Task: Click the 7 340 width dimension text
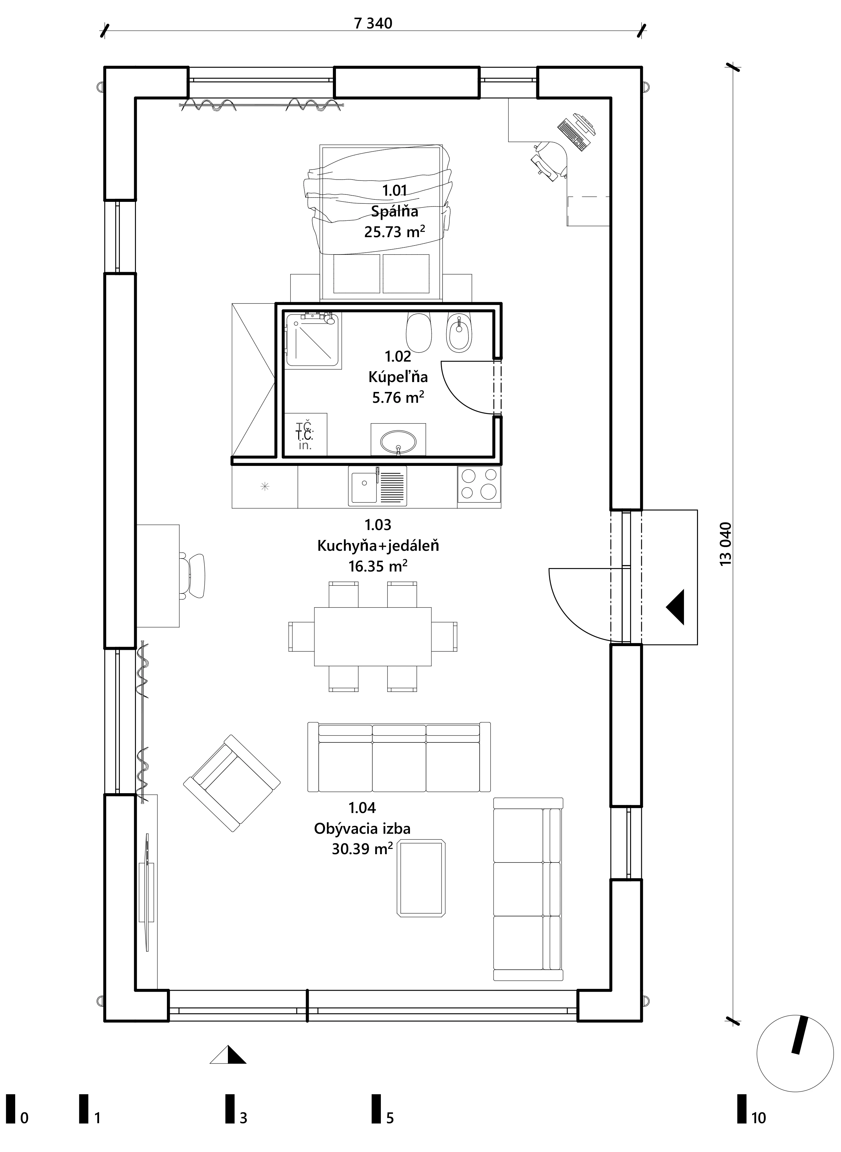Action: click(x=373, y=24)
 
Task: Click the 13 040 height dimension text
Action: click(x=726, y=544)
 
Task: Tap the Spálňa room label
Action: click(x=394, y=211)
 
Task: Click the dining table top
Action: click(x=373, y=636)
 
